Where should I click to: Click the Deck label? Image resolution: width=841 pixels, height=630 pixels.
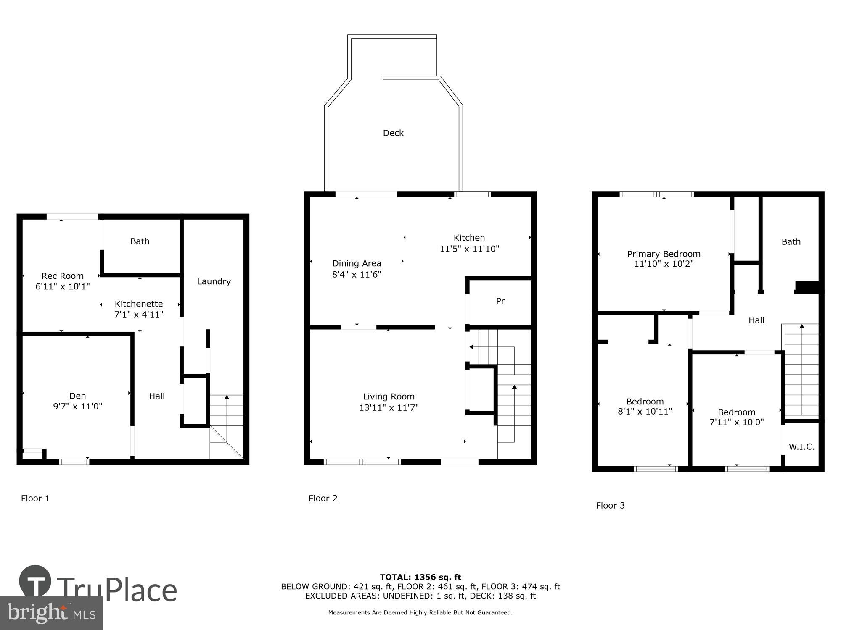click(393, 133)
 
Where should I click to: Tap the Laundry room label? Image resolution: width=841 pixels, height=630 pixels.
click(214, 281)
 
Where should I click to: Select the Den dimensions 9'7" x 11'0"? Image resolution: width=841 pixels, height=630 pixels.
click(77, 407)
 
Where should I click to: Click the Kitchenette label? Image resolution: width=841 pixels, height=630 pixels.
click(139, 304)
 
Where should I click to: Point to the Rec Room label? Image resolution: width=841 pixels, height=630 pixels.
click(62, 276)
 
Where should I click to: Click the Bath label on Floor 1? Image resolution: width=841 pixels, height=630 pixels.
click(140, 241)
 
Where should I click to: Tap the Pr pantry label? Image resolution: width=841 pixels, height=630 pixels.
click(500, 301)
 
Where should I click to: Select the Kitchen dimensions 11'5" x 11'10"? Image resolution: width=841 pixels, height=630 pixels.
click(469, 249)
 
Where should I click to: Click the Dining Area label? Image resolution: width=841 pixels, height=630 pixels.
click(357, 263)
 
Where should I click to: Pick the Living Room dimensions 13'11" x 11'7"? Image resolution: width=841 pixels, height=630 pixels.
click(389, 407)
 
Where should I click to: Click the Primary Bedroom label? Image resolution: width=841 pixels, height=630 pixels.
click(664, 254)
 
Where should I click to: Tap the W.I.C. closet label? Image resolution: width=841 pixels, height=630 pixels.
click(801, 447)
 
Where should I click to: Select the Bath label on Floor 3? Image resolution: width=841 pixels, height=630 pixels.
click(791, 242)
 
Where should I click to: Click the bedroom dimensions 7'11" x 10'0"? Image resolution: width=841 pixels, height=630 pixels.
click(736, 423)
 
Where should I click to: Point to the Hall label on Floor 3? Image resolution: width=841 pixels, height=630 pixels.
click(756, 320)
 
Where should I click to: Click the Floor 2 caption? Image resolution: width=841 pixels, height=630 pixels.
click(323, 499)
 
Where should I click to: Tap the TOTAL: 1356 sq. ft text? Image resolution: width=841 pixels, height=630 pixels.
click(420, 577)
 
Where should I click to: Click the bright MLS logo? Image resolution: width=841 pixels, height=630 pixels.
click(51, 613)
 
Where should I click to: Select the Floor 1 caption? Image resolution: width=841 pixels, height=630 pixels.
click(35, 499)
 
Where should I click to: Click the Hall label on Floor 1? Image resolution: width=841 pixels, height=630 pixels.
click(157, 396)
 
